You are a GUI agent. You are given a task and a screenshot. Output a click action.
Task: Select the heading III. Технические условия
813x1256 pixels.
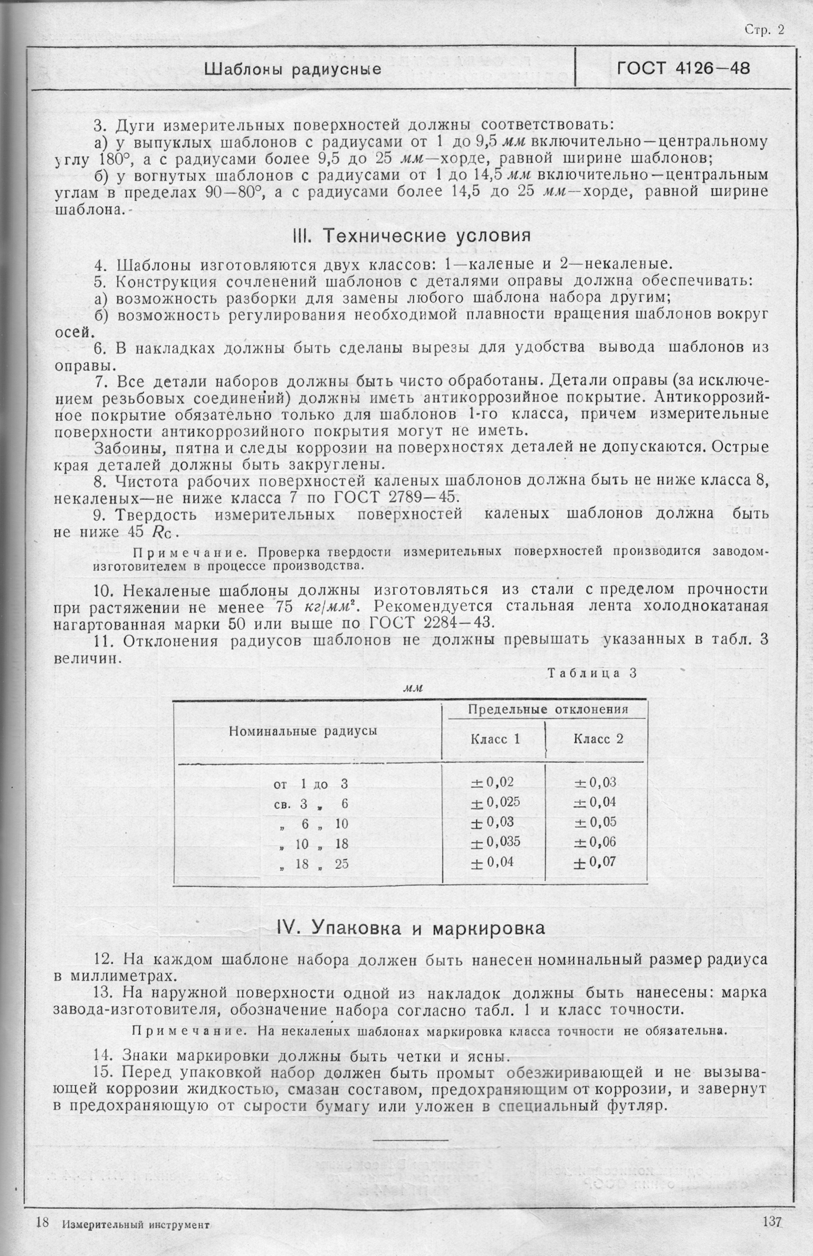click(x=411, y=235)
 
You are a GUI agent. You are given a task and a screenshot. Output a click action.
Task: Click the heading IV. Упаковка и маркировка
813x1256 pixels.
click(x=411, y=928)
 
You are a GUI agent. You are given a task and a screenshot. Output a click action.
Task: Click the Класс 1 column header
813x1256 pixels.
click(x=495, y=739)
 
